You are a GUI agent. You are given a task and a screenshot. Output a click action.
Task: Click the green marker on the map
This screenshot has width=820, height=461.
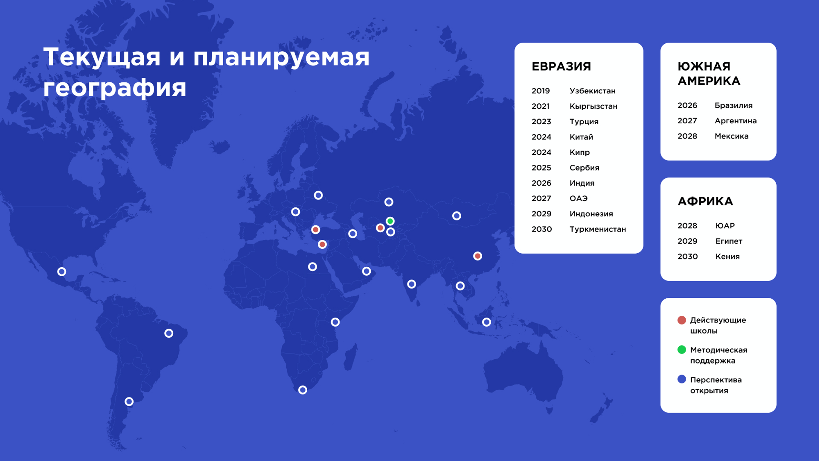[x=390, y=221]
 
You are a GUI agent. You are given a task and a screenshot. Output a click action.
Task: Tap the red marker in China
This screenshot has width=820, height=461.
[x=478, y=256]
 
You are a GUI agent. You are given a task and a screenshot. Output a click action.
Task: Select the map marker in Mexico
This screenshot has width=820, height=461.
[x=62, y=272]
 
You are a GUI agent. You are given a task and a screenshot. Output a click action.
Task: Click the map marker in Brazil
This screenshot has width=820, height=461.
[x=169, y=333]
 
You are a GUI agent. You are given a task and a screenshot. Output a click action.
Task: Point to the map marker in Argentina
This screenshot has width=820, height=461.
[x=129, y=402]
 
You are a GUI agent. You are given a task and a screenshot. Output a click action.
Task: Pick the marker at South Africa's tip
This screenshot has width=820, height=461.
[x=303, y=390]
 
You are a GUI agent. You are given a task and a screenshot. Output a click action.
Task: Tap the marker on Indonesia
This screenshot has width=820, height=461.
[x=487, y=322]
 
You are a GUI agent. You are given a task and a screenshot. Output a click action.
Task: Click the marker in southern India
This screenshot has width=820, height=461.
[x=412, y=284]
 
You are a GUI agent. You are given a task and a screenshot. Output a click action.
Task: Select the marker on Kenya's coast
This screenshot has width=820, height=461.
[x=335, y=322]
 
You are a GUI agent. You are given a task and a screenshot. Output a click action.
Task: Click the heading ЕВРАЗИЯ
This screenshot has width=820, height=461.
[x=561, y=66]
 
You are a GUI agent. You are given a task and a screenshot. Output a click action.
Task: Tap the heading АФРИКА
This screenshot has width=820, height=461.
[x=705, y=201]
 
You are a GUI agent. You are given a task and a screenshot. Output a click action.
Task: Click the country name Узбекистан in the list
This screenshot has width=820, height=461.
[x=592, y=91]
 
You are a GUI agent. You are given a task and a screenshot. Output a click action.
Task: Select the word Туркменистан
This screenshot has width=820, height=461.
[x=598, y=229]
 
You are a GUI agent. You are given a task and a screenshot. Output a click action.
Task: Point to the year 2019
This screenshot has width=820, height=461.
[x=541, y=91]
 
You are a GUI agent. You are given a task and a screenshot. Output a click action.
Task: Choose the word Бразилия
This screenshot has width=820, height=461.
[x=734, y=106]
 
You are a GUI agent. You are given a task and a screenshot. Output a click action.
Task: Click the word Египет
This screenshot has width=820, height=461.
[x=729, y=241]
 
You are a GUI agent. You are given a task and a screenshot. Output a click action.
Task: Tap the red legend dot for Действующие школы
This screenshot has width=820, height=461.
[x=682, y=320]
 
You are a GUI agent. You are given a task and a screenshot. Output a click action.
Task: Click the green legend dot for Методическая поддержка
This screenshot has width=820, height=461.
[x=682, y=350]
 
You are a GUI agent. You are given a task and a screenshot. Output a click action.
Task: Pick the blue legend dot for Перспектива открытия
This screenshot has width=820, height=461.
[x=682, y=379]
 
